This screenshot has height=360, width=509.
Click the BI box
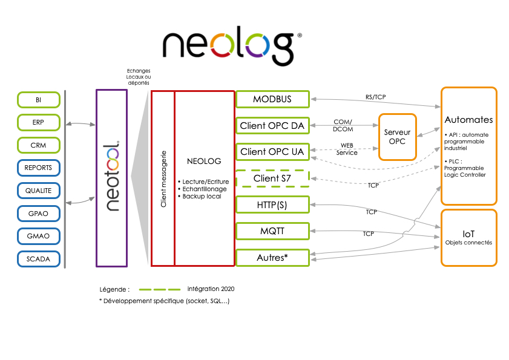(39, 100)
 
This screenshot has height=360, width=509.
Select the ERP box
(39, 123)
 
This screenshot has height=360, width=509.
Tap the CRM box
(39, 145)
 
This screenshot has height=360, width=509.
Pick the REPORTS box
(39, 168)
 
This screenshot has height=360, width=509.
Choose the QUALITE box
(39, 191)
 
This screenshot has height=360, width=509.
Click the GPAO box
(39, 214)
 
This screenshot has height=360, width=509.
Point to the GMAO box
(39, 236)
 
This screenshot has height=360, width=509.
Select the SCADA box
(39, 259)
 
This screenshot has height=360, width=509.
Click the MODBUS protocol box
(272, 99)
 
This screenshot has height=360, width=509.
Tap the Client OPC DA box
(272, 126)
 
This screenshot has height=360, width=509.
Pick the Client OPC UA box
(272, 152)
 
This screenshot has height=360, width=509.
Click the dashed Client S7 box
(272, 178)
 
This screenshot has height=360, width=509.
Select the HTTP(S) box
(272, 205)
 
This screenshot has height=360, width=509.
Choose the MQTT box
(272, 231)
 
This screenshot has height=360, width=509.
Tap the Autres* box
(272, 258)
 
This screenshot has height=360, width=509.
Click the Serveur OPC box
(398, 137)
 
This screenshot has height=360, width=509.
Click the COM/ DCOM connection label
(343, 125)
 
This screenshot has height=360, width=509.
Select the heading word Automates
(468, 120)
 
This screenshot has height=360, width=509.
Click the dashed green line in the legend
(160, 289)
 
